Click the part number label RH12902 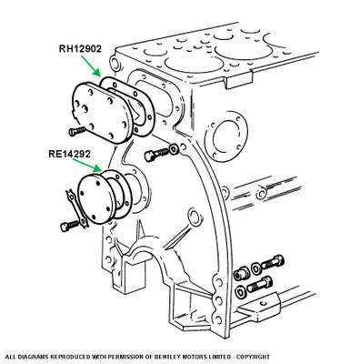[80, 49]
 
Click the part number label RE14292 [69, 154]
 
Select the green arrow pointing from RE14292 [87, 165]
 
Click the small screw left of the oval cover [77, 131]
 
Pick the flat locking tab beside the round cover [76, 208]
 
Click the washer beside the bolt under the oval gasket [174, 149]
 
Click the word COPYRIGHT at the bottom [253, 357]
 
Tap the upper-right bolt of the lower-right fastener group [273, 262]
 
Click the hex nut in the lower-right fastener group [242, 274]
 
